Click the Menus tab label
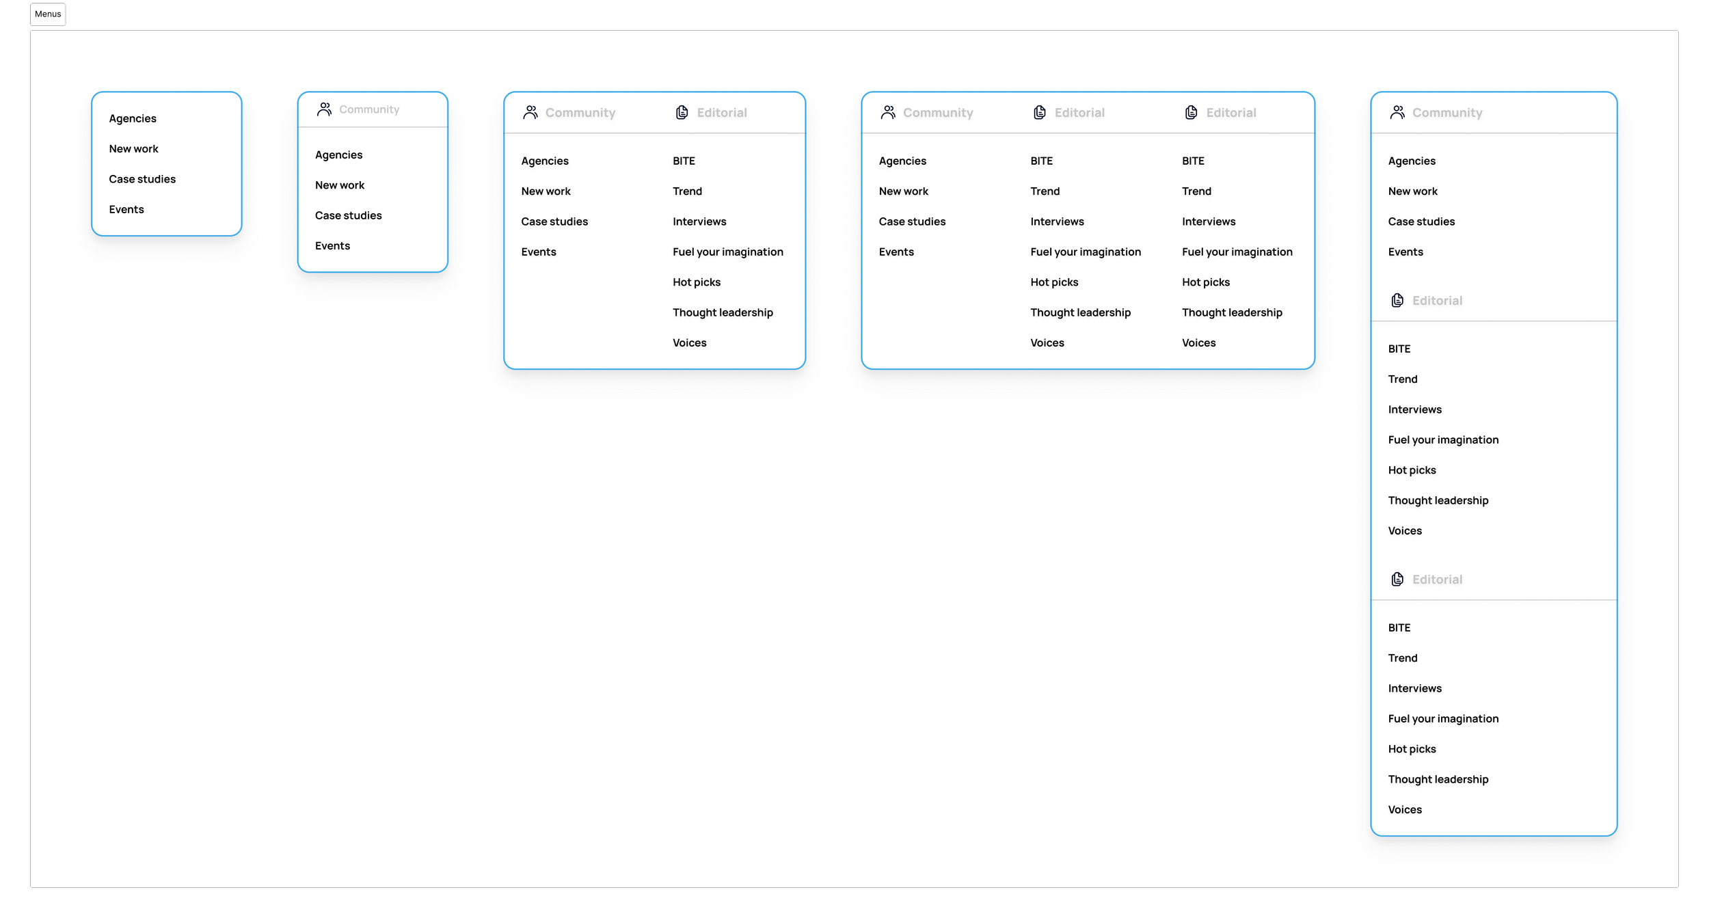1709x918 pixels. pos(48,14)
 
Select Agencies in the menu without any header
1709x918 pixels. pos(133,118)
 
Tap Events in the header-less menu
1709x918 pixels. pos(126,209)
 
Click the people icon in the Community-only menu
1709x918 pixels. pos(324,109)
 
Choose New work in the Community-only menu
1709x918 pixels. pos(340,185)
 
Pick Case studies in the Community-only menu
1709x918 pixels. pos(348,215)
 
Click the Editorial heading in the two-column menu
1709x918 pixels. pos(721,113)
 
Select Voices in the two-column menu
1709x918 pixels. pos(689,343)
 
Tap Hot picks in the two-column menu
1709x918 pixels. pos(696,282)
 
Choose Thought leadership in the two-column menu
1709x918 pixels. pos(723,312)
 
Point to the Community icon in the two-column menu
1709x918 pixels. pos(530,113)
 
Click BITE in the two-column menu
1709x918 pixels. pos(684,161)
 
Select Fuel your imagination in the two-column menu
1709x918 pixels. pos(727,252)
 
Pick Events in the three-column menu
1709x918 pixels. pos(896,252)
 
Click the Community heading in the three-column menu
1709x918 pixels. pos(937,113)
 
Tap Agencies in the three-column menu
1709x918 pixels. pos(902,161)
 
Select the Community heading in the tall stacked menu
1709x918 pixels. pos(1446,113)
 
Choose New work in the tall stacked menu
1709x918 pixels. pos(1412,191)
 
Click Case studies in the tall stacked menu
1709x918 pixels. pos(1421,221)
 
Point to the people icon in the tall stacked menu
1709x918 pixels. pos(1397,113)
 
